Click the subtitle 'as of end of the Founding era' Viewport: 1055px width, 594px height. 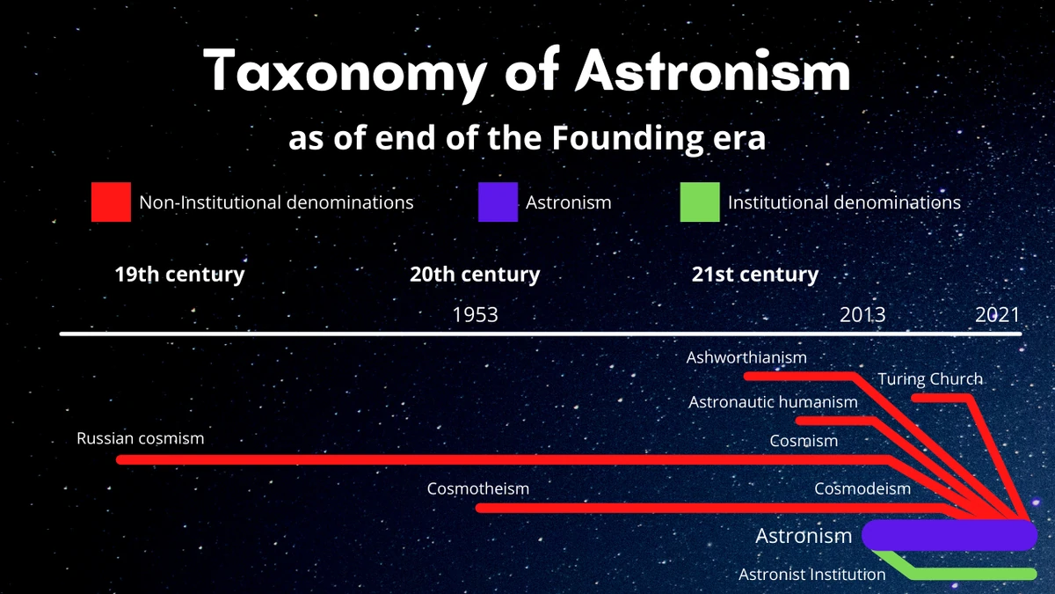pos(527,139)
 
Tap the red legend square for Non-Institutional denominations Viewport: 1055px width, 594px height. pos(112,202)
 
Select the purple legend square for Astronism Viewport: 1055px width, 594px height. pos(498,202)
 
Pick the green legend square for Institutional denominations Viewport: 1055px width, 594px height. pos(700,202)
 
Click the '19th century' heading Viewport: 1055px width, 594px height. pos(179,275)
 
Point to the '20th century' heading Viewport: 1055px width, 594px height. pos(475,275)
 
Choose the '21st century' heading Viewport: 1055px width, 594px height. pos(755,275)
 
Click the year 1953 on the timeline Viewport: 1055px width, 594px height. pos(475,314)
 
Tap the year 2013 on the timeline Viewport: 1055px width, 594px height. pos(862,314)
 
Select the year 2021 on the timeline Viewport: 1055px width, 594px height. pos(998,314)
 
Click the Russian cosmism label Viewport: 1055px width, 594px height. pos(141,437)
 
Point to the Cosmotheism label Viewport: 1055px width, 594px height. pos(478,488)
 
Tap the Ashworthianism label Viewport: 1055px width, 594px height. pos(746,357)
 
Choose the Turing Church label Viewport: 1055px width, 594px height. pos(930,379)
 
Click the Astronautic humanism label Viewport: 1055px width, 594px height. pos(773,402)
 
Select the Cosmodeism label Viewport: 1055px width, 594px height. pos(862,488)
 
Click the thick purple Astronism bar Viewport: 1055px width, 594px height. pos(949,535)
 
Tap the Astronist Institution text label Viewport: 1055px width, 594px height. pos(812,575)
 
